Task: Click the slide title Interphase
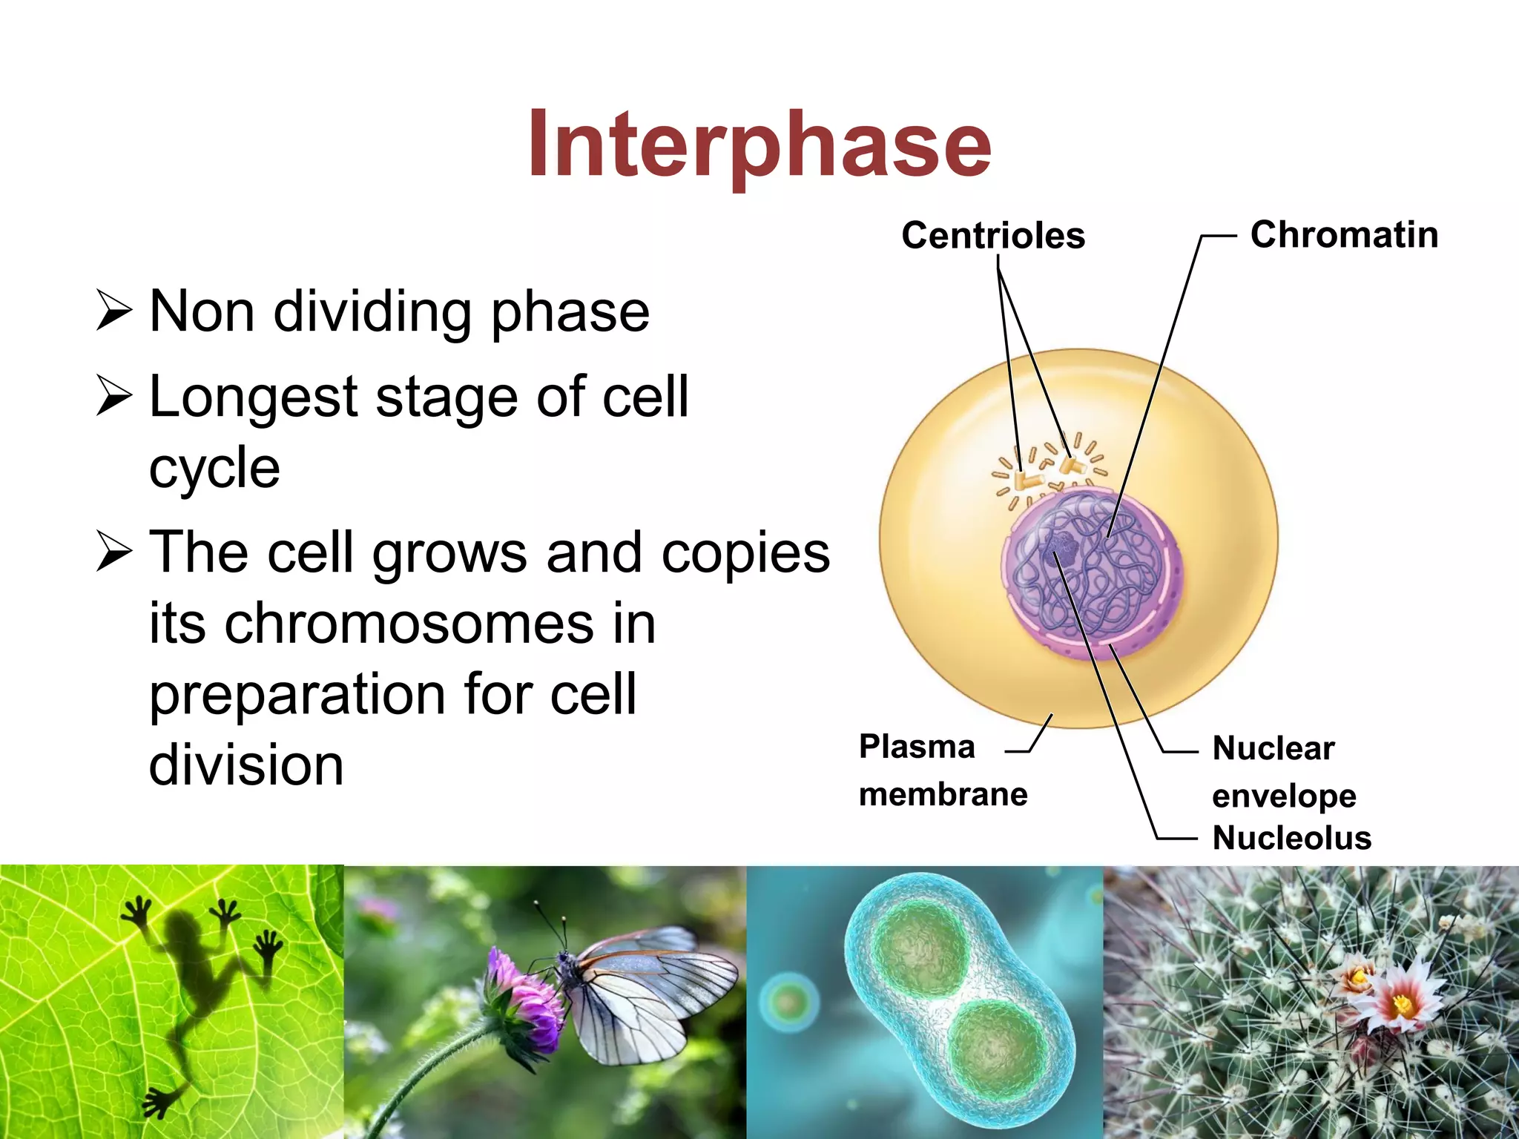pos(759,145)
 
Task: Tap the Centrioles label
pos(992,236)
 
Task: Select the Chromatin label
pos(1344,234)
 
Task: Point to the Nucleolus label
pos(1291,838)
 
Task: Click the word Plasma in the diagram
pos(917,747)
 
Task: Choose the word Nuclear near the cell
pos(1273,748)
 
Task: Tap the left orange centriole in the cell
pos(1027,480)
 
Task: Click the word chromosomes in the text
pos(409,623)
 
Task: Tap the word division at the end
pos(246,765)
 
